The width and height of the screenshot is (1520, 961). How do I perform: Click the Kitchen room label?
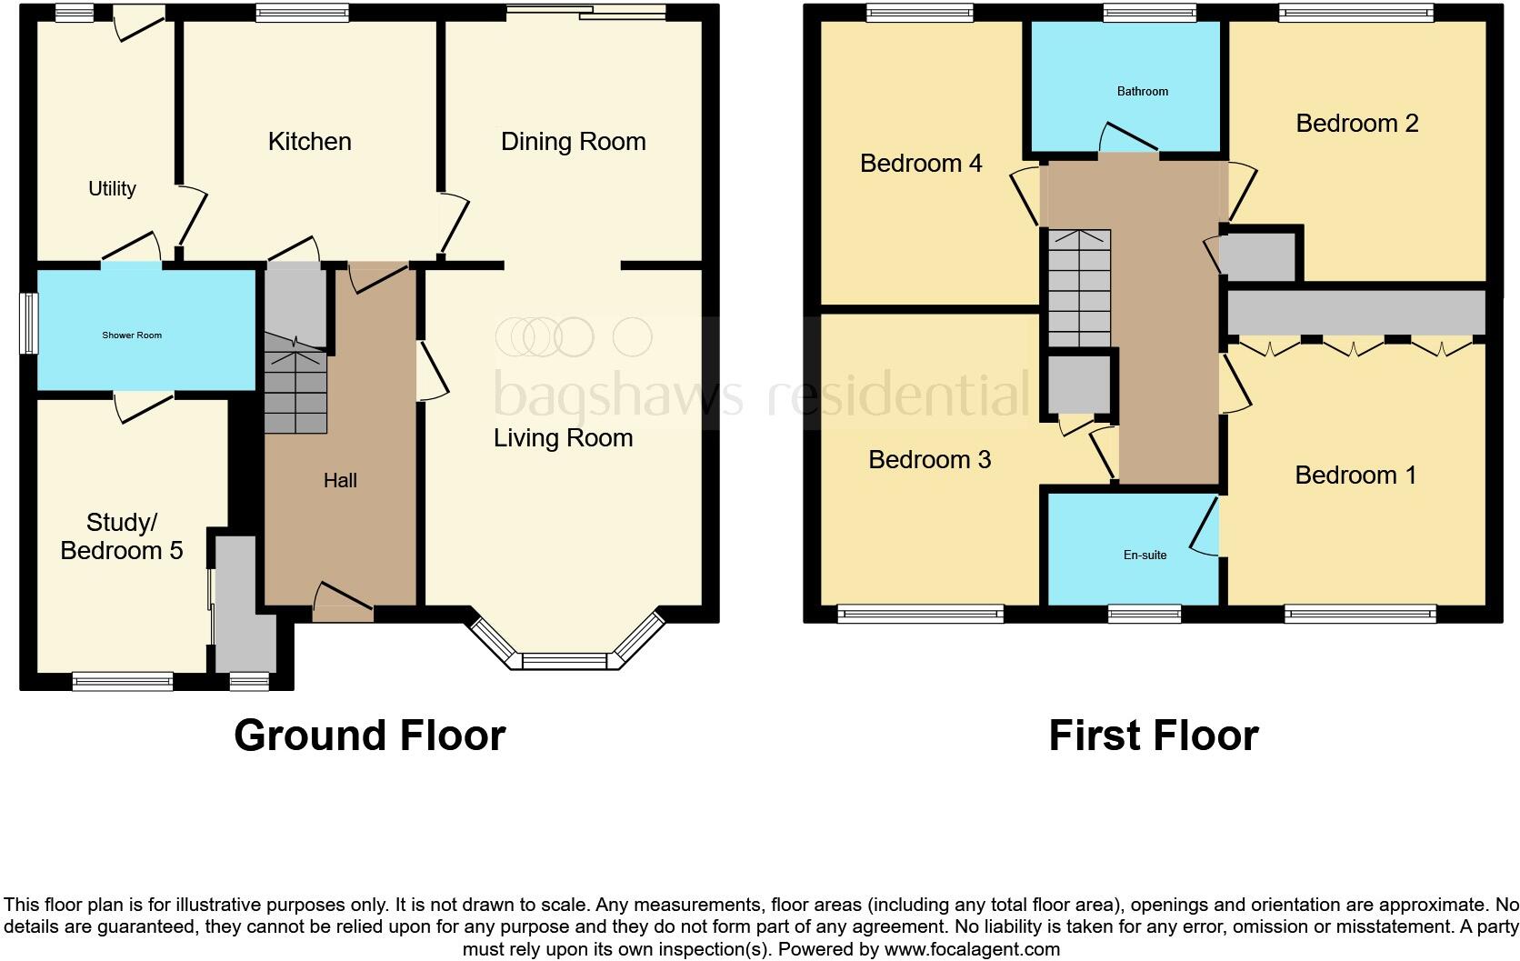pos(309,141)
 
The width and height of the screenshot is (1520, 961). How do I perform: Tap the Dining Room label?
pos(573,141)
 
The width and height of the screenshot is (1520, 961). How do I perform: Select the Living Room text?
pos(563,437)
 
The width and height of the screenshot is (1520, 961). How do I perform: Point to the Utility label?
pos(112,188)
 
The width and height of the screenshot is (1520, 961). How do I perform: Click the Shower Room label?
pos(132,335)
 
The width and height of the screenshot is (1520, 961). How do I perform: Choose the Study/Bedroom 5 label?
pos(121,536)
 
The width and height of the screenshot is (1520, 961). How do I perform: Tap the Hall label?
pos(340,480)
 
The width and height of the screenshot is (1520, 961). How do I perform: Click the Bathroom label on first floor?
pos(1143,91)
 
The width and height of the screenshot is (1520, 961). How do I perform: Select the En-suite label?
pos(1145,555)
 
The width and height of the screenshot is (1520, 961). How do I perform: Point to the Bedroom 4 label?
pos(921,163)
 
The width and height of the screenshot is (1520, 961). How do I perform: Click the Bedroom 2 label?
pos(1356,123)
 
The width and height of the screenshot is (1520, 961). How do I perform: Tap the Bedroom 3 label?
pos(929,459)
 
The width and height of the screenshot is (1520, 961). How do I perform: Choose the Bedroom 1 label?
pos(1355,475)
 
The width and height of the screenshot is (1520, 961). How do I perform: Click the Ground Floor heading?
pos(369,735)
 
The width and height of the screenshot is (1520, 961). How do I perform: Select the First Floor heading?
pos(1153,735)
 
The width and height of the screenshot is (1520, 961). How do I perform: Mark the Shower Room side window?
pos(31,323)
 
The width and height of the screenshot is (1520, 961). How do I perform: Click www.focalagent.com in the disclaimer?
pos(972,949)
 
